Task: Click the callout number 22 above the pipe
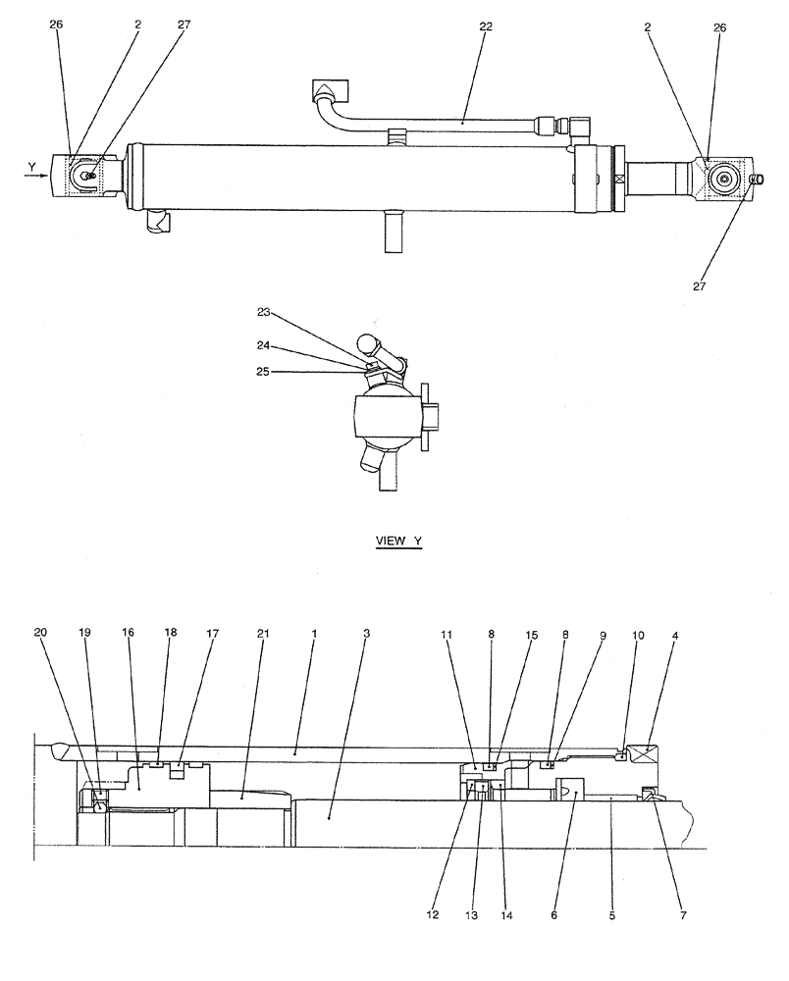(x=486, y=27)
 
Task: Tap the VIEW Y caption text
(x=398, y=542)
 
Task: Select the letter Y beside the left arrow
(x=31, y=167)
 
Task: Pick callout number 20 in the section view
(x=39, y=634)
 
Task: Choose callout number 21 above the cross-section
(x=262, y=634)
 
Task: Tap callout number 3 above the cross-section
(x=366, y=634)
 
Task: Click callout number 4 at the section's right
(x=674, y=636)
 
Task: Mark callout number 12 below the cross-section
(x=433, y=916)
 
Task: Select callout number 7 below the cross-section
(x=684, y=916)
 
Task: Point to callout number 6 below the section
(x=554, y=916)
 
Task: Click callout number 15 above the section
(x=532, y=636)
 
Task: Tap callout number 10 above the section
(x=638, y=636)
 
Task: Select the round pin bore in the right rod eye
(x=726, y=180)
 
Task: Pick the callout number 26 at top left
(x=55, y=27)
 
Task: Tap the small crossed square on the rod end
(x=619, y=180)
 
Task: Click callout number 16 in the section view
(x=128, y=634)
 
